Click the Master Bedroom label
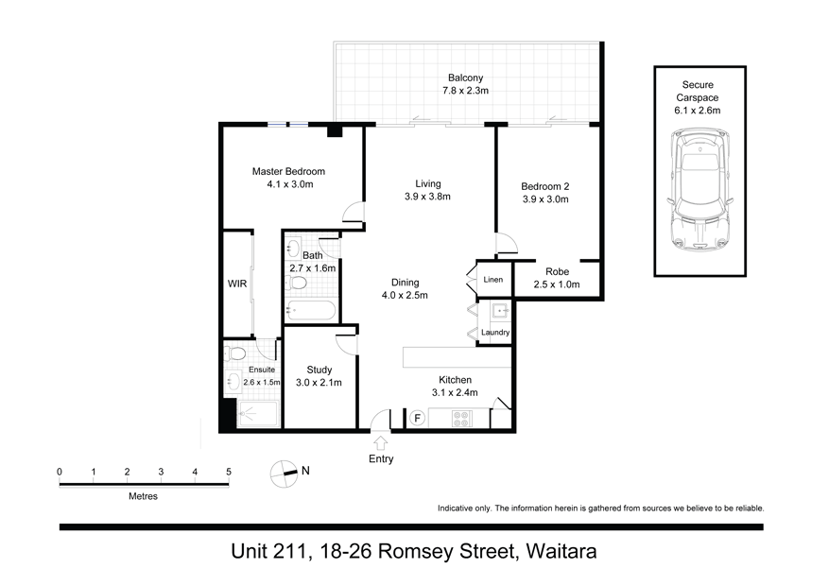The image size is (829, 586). point(288,171)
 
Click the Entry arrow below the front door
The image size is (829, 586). point(380,441)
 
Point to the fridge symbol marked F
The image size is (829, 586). point(416,416)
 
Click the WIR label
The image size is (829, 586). point(236,282)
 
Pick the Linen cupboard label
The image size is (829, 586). point(493,280)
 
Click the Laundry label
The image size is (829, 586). point(495,332)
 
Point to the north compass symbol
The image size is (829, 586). point(284,472)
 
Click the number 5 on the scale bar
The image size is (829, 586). point(228,471)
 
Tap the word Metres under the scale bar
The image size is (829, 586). point(143,496)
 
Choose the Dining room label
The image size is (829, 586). point(406,283)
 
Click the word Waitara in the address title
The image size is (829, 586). point(558,551)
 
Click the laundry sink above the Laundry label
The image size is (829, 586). point(498,310)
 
